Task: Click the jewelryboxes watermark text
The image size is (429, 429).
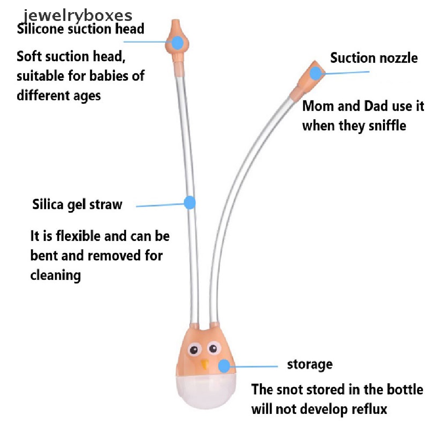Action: point(78,16)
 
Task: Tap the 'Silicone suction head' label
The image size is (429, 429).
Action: point(80,29)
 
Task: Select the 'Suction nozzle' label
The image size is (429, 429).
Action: point(374,58)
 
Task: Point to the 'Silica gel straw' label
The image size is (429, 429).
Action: point(77,204)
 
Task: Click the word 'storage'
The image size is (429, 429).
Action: point(310,364)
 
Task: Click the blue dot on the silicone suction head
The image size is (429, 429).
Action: point(178,43)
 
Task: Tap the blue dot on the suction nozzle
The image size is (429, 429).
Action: point(315,73)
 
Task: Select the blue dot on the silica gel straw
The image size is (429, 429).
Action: point(190,203)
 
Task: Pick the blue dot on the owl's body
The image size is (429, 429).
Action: point(225,366)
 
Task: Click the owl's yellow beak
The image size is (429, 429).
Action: point(204,364)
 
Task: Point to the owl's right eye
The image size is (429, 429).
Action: point(214,348)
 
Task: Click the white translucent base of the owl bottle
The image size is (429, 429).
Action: point(206,391)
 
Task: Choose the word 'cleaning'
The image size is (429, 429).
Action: point(56,276)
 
